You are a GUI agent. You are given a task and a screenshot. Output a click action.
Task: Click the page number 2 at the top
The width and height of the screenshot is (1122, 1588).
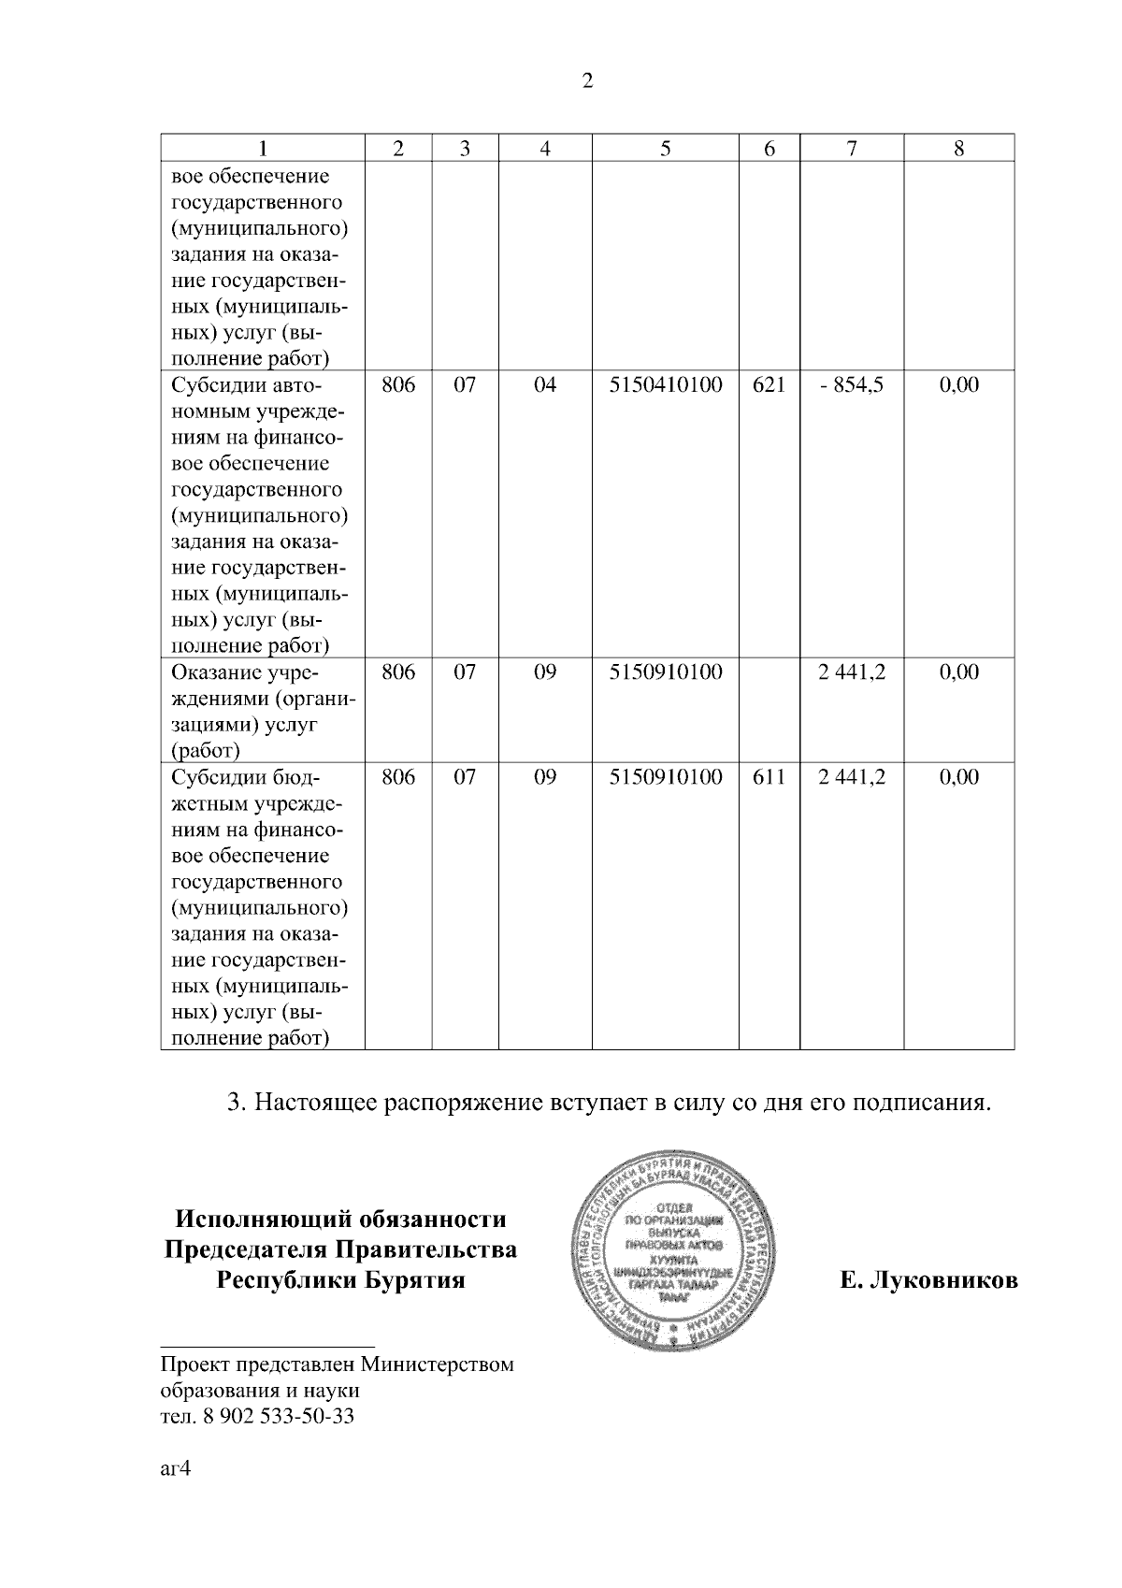coord(587,81)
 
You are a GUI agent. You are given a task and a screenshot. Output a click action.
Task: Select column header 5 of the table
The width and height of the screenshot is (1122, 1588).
coord(665,148)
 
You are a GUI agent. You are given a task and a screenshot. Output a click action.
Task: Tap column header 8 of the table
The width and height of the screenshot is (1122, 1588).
coord(958,148)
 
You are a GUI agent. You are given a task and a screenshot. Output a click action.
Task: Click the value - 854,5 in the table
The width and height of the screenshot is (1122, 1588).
coord(851,385)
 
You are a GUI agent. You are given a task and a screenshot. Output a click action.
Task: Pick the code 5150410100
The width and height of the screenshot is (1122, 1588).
coord(665,385)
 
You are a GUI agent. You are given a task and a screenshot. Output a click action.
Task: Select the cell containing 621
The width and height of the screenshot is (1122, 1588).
coord(769,385)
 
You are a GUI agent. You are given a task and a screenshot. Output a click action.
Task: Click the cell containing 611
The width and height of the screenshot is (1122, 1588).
coord(769,777)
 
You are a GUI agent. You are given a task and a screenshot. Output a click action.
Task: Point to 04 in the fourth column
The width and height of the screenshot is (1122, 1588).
coord(544,385)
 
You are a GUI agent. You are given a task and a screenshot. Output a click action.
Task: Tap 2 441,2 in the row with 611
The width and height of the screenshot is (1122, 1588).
coord(851,777)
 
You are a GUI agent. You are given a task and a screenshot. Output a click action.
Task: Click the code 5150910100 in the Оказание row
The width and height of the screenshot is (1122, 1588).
coord(665,672)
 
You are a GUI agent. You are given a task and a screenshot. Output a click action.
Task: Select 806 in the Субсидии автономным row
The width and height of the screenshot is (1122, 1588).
coord(398,385)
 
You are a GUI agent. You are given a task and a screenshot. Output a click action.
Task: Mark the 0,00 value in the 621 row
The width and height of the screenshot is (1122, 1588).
coord(958,385)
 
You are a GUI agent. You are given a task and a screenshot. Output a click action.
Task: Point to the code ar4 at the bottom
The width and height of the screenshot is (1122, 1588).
coord(175,1468)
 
